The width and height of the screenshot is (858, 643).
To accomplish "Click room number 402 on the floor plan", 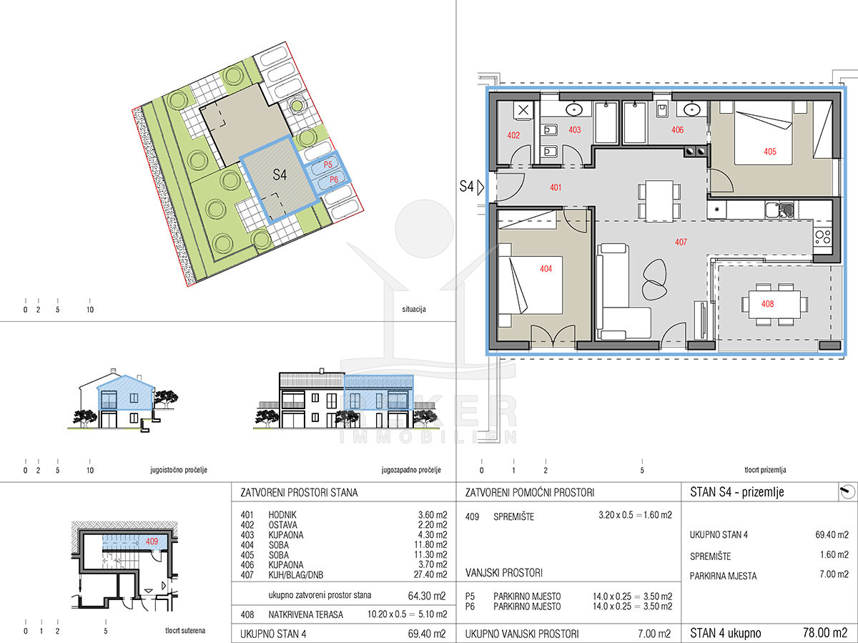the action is coord(513,135).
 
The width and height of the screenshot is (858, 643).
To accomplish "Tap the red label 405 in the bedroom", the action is coord(769,151).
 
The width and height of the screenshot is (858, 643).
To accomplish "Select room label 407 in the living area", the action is coord(681,242).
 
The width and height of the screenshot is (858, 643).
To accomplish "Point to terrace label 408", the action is coord(767,304).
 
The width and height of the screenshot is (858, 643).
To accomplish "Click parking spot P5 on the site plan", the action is coord(327,165).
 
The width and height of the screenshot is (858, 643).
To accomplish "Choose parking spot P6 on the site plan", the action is coord(333,180).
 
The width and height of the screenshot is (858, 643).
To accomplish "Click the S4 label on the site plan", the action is coord(280,175).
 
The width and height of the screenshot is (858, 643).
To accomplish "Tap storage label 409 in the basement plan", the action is coord(152,541).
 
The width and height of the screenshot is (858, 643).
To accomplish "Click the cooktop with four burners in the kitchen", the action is coord(822,237).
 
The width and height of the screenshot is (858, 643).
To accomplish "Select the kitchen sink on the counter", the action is coord(779,210).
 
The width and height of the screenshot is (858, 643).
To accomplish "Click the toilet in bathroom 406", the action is coord(661,109).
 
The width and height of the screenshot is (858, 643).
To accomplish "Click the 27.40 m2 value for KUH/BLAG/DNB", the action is coord(430,574).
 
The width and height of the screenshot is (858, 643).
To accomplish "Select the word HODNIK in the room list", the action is coord(282,515).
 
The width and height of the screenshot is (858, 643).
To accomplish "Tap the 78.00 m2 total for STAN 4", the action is coord(825,632).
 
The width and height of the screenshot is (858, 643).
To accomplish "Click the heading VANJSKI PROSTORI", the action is coord(504,573).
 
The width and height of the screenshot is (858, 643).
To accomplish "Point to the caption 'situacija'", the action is coord(414,309).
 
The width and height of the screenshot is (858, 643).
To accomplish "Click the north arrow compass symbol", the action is coord(847,491).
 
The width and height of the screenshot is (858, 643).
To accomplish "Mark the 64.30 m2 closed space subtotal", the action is coord(427,596).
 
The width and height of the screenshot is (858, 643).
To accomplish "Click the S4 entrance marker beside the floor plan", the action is coord(471,187).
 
